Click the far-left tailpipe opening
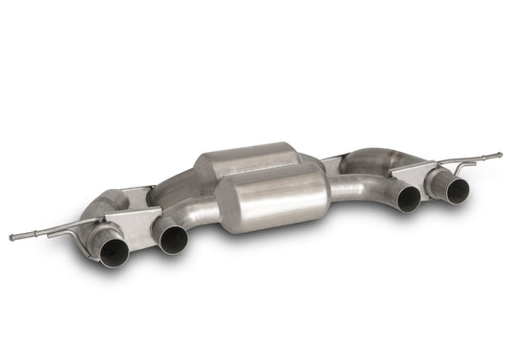pos(114,250)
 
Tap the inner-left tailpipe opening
pos(174,240)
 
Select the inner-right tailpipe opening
pos(409,198)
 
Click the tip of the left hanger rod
pos(12,237)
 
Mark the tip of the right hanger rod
pos(498,154)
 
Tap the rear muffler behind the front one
pos(248,159)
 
